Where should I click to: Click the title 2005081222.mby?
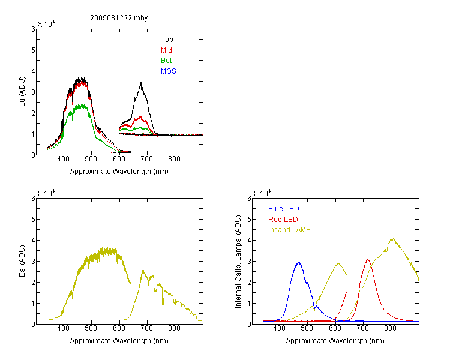119,18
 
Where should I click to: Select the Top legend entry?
167,40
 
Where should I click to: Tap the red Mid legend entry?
166,50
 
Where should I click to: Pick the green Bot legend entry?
166,61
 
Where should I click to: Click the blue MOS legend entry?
169,71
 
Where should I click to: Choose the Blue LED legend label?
284,209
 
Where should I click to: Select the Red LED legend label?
283,220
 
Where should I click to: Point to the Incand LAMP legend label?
289,230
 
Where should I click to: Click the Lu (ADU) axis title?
22,92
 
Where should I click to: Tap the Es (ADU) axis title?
22,261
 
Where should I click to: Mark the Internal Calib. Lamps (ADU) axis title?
238,262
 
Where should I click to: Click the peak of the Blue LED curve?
299,262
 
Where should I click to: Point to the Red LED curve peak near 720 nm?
368,260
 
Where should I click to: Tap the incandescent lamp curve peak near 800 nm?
392,238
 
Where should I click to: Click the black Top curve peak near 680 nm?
141,83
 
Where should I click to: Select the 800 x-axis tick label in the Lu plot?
174,159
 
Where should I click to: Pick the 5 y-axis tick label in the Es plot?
33,220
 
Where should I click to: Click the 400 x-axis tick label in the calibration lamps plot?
280,328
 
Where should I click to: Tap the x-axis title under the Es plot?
119,341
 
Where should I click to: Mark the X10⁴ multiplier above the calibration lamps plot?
262,193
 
